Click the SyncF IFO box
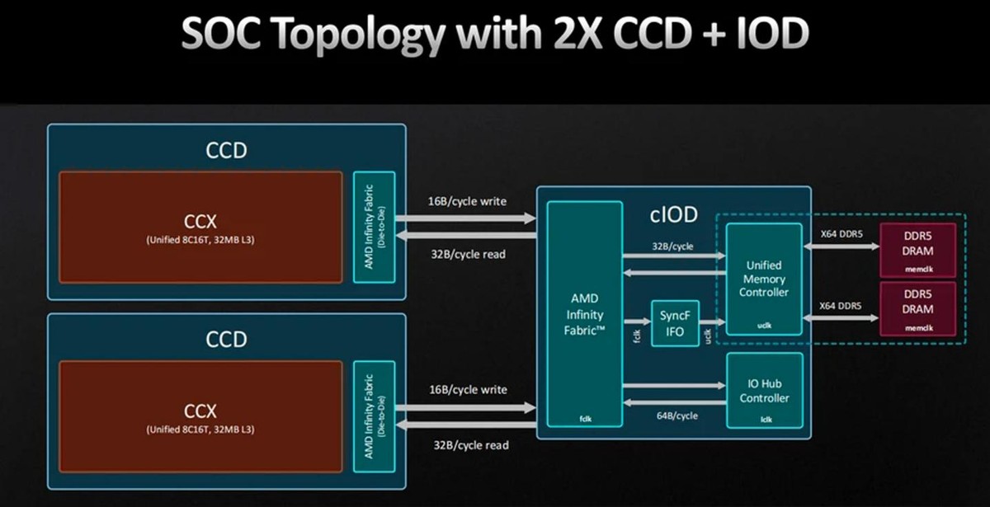pyautogui.click(x=675, y=323)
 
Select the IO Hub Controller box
pyautogui.click(x=765, y=391)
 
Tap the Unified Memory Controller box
pyautogui.click(x=764, y=279)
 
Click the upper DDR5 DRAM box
pyautogui.click(x=917, y=250)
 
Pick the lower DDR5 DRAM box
pyautogui.click(x=917, y=308)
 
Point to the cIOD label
pyautogui.click(x=673, y=214)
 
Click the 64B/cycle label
pyautogui.click(x=677, y=415)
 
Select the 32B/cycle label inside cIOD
pyautogui.click(x=672, y=246)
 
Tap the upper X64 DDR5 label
pyautogui.click(x=841, y=234)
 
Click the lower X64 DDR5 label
pyautogui.click(x=840, y=306)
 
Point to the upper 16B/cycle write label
pyautogui.click(x=467, y=201)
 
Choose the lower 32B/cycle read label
pyautogui.click(x=471, y=445)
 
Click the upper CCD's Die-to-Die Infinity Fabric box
pyautogui.click(x=374, y=227)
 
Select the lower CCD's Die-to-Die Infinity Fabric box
pyautogui.click(x=374, y=416)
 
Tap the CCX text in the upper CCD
pyautogui.click(x=200, y=221)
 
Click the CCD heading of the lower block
pyautogui.click(x=226, y=339)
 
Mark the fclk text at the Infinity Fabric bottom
pyautogui.click(x=586, y=419)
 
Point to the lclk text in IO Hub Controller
pyautogui.click(x=766, y=420)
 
